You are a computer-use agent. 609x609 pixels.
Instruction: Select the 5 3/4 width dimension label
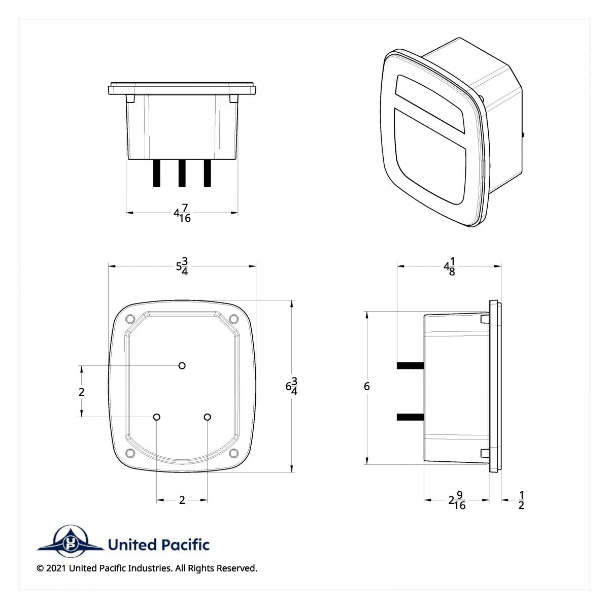(182, 265)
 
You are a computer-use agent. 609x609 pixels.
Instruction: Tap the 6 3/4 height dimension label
(291, 386)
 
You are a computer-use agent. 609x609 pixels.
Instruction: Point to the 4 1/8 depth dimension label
(449, 266)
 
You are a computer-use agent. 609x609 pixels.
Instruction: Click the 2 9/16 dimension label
(457, 500)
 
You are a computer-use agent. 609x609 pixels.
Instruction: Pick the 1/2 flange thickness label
(521, 500)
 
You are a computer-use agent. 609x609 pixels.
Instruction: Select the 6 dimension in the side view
(366, 387)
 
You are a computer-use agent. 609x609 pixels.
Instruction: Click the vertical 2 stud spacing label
(81, 392)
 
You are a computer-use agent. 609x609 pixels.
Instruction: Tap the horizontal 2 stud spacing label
(182, 500)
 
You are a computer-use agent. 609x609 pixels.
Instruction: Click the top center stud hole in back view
(182, 365)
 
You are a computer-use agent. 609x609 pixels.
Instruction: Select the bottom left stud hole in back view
(156, 417)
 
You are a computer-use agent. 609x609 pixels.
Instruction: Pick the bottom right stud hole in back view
(207, 417)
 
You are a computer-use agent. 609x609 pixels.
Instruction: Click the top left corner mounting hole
(129, 319)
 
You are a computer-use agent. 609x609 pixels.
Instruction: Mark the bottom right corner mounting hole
(234, 453)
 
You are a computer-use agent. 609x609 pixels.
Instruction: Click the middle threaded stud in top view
(182, 173)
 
